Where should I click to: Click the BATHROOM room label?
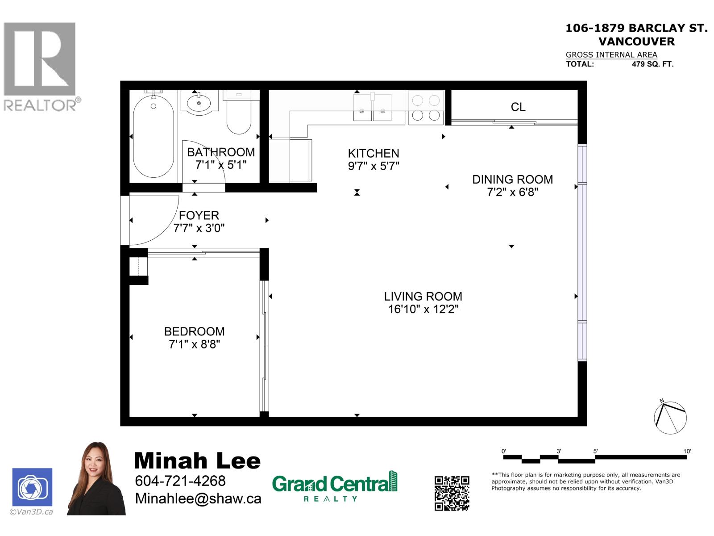[x=220, y=152]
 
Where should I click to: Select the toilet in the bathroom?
[x=239, y=113]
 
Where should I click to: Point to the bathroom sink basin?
[x=199, y=103]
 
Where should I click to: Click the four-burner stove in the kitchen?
[x=426, y=108]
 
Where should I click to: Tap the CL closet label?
[x=518, y=107]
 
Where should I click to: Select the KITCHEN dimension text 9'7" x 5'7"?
[x=374, y=166]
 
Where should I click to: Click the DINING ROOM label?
[x=512, y=180]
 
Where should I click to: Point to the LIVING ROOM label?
[x=423, y=297]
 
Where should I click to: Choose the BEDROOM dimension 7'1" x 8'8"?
[x=194, y=344]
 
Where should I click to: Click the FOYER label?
[x=199, y=215]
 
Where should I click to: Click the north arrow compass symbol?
[x=670, y=417]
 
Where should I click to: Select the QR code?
[x=452, y=493]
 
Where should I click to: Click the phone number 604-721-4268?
[x=180, y=481]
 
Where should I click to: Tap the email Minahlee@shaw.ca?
[x=198, y=499]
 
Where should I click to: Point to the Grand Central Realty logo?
[x=334, y=486]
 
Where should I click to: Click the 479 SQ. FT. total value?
[x=652, y=64]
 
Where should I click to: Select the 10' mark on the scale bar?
[x=687, y=452]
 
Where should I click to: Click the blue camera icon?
[x=32, y=487]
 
